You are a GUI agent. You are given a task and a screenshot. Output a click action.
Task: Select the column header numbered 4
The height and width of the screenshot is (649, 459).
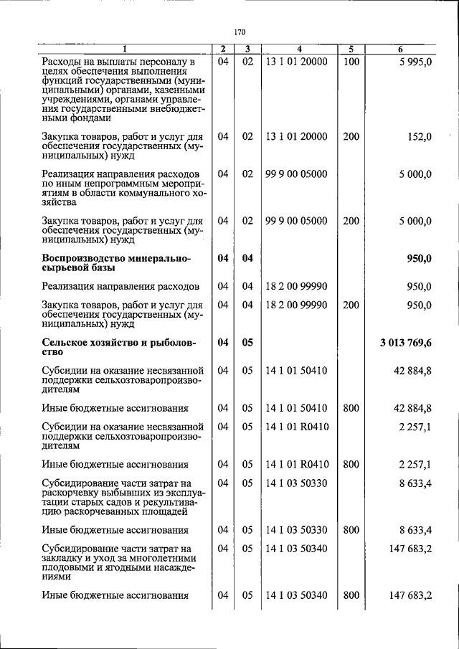[298, 49]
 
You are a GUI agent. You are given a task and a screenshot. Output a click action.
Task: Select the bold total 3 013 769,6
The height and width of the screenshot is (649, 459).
[406, 342]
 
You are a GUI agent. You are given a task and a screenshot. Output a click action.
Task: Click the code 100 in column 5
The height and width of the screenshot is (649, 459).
[351, 62]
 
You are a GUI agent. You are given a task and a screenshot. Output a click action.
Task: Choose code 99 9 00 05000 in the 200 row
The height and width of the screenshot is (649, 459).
[295, 221]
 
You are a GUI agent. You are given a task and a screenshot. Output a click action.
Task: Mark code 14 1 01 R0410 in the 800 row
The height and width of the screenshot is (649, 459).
[295, 464]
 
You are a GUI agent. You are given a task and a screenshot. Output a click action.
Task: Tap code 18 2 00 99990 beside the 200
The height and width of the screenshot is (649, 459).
[295, 305]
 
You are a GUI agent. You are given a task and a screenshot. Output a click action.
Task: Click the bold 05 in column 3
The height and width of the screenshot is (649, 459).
[247, 342]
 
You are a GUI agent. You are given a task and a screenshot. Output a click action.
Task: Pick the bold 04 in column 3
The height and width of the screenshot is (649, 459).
[247, 258]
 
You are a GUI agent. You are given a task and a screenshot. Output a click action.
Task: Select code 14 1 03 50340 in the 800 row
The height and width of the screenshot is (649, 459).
[295, 594]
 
